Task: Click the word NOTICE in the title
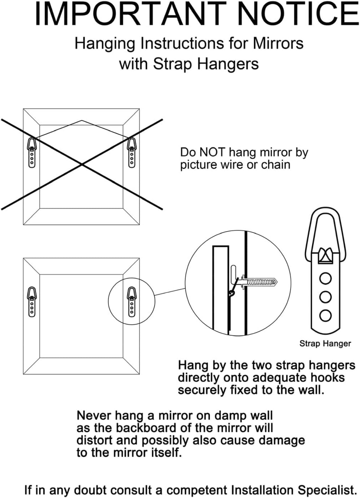coord(298,14)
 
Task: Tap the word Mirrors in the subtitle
coord(278,43)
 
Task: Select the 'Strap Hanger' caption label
coord(325,344)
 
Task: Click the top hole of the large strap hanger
coord(325,278)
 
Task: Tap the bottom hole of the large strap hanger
coord(325,316)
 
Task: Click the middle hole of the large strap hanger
coord(325,297)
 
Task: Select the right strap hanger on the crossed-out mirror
coord(132,153)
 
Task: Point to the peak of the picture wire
coord(82,121)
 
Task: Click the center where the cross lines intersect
coord(82,164)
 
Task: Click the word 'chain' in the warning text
coord(276,165)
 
